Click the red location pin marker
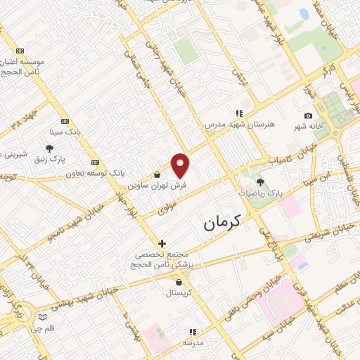pos(181,165)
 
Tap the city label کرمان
pos(222,222)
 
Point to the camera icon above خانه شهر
pos(308,115)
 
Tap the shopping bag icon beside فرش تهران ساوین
pos(157,174)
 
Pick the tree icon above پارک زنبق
pos(49,148)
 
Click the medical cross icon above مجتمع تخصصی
pos(162,243)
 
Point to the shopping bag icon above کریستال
pos(179,282)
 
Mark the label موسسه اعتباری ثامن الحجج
pos(27,67)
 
